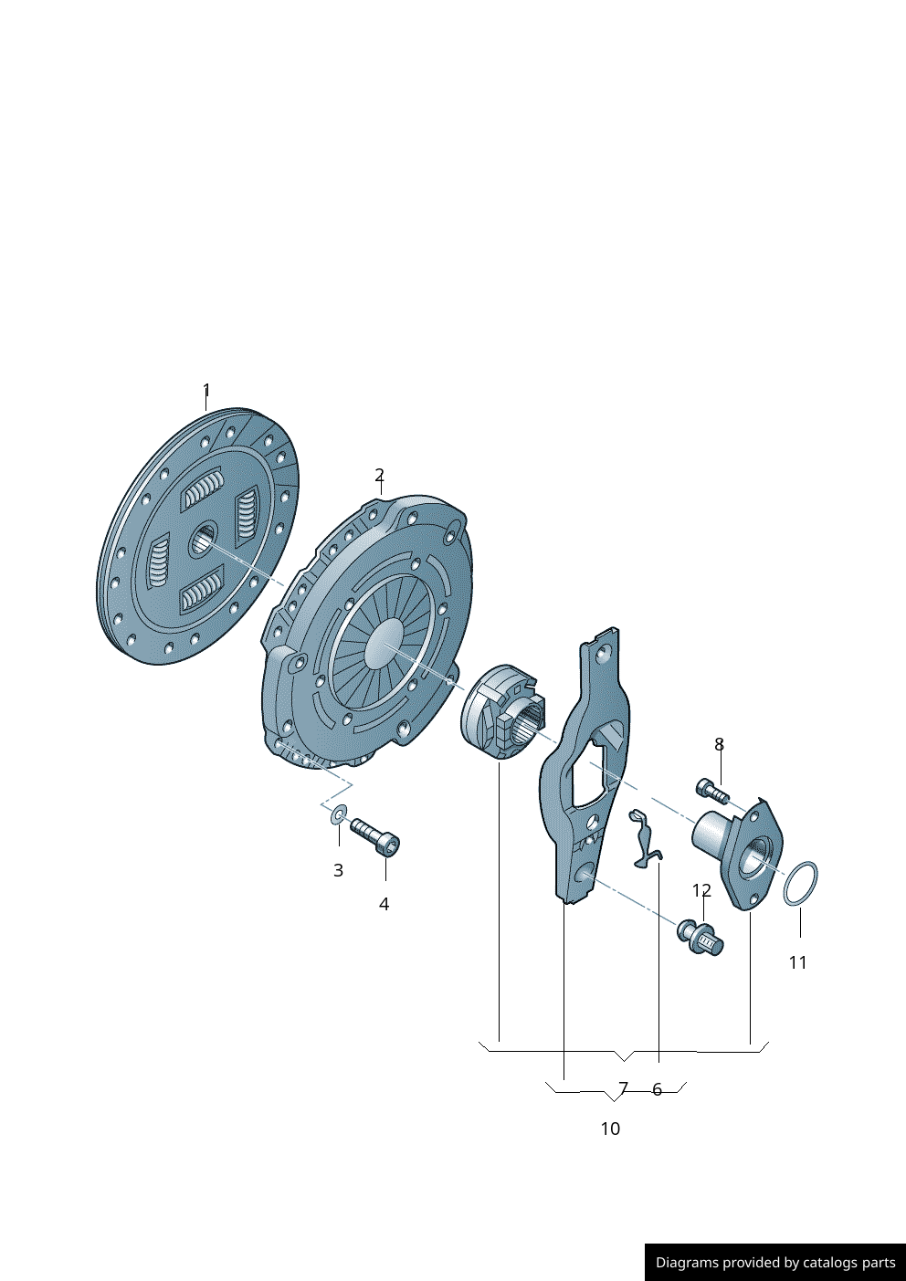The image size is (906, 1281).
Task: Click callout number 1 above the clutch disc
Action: (x=206, y=391)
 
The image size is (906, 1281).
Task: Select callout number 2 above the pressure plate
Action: (x=380, y=475)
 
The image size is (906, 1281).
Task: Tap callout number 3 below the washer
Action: (x=338, y=870)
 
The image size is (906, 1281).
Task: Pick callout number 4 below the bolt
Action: (x=384, y=904)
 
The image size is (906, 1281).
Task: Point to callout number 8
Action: (x=719, y=744)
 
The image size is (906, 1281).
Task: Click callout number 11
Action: (x=798, y=962)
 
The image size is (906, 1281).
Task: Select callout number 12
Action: (x=701, y=890)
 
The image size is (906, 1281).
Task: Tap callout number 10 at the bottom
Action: (x=610, y=1129)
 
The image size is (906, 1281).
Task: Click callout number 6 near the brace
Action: (x=657, y=1089)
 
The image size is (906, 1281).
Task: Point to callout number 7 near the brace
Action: (x=624, y=1087)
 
